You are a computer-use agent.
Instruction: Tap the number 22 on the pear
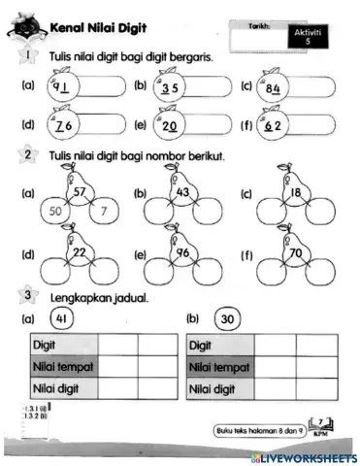[82, 253]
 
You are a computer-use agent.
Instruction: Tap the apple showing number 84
[274, 91]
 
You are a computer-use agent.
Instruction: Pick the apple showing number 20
[170, 125]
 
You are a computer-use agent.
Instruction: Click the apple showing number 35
[170, 91]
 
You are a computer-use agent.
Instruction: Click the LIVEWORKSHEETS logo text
[307, 456]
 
